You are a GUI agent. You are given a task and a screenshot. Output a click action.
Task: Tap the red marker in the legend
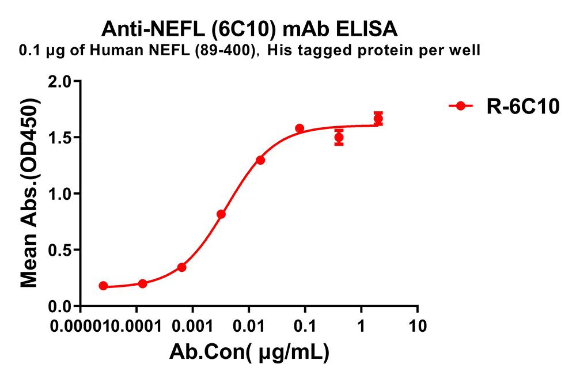(461, 106)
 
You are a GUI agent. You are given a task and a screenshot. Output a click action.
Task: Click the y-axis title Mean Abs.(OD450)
(30, 193)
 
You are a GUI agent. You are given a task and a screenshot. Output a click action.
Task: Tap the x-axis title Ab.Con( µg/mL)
(249, 353)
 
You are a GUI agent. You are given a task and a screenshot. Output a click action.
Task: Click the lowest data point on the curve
(103, 286)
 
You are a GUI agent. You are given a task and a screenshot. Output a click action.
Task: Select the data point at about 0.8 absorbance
(221, 214)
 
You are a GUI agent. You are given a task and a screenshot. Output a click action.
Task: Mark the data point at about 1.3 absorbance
(260, 160)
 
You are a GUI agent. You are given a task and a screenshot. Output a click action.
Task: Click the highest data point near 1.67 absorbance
(378, 119)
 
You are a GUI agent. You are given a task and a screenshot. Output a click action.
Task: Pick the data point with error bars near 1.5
(339, 138)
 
